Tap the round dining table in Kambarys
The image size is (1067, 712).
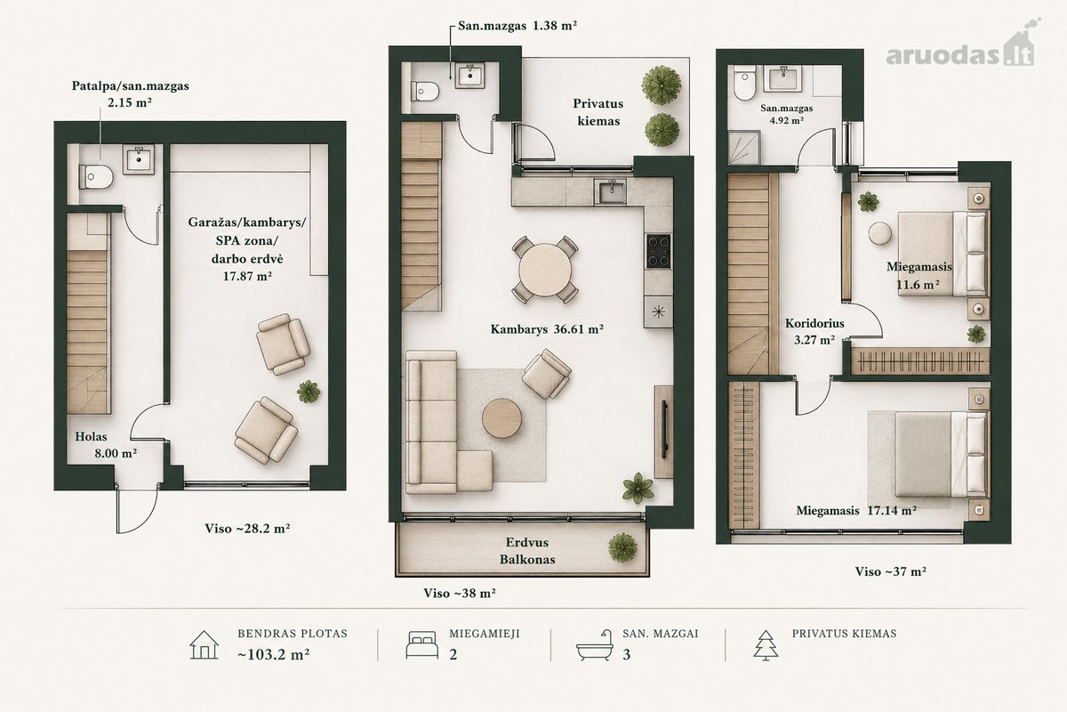click(545, 269)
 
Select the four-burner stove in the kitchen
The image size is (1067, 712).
click(659, 251)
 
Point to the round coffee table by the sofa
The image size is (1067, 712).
click(501, 418)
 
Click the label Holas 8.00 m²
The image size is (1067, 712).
click(106, 445)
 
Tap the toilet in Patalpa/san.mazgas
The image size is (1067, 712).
click(96, 176)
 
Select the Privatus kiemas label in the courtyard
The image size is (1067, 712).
click(598, 112)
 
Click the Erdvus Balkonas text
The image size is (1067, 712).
click(527, 551)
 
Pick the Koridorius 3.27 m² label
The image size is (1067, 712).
click(814, 331)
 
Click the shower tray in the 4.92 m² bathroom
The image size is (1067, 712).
click(743, 149)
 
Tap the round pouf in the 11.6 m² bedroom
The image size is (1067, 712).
click(879, 234)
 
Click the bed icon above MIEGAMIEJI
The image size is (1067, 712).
click(421, 644)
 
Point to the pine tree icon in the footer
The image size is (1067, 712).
click(766, 645)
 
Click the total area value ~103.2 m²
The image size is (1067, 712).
click(274, 654)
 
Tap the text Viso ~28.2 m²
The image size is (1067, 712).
click(248, 529)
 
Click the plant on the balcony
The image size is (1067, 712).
click(622, 547)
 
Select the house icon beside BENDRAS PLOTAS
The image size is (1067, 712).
click(204, 644)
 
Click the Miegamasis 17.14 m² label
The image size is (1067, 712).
click(856, 510)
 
